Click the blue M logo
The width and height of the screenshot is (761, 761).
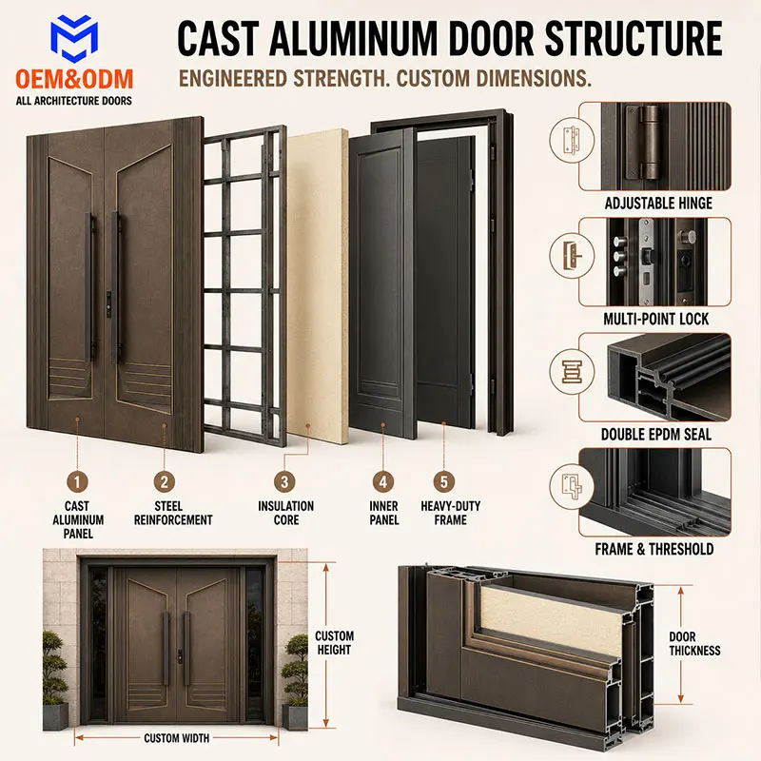74,38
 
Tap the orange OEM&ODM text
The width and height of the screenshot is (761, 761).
74,79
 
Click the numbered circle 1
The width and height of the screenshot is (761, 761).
77,482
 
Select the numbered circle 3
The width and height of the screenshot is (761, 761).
284,482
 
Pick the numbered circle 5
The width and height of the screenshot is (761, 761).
443,482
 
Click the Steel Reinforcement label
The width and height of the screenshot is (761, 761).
173,513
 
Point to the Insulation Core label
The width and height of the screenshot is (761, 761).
286,513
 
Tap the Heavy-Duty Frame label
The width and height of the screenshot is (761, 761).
450,513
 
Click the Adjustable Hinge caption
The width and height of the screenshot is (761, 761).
658,203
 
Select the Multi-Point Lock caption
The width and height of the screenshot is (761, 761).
655,319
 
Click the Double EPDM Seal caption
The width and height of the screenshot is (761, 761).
656,435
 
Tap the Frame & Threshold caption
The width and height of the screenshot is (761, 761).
654,549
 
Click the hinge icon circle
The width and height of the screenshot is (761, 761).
572,140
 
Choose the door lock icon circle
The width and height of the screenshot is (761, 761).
572,256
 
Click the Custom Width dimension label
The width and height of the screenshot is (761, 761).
177,738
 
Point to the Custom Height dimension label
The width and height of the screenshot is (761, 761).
335,643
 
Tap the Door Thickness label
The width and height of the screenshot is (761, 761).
694,643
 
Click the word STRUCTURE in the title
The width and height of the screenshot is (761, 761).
634,38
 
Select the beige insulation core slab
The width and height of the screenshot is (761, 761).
318,286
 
